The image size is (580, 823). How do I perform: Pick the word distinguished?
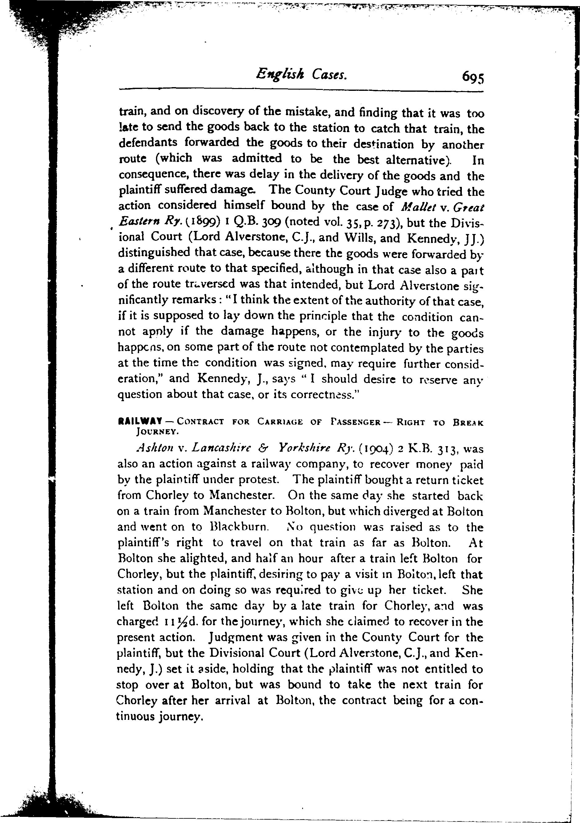click(154, 253)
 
